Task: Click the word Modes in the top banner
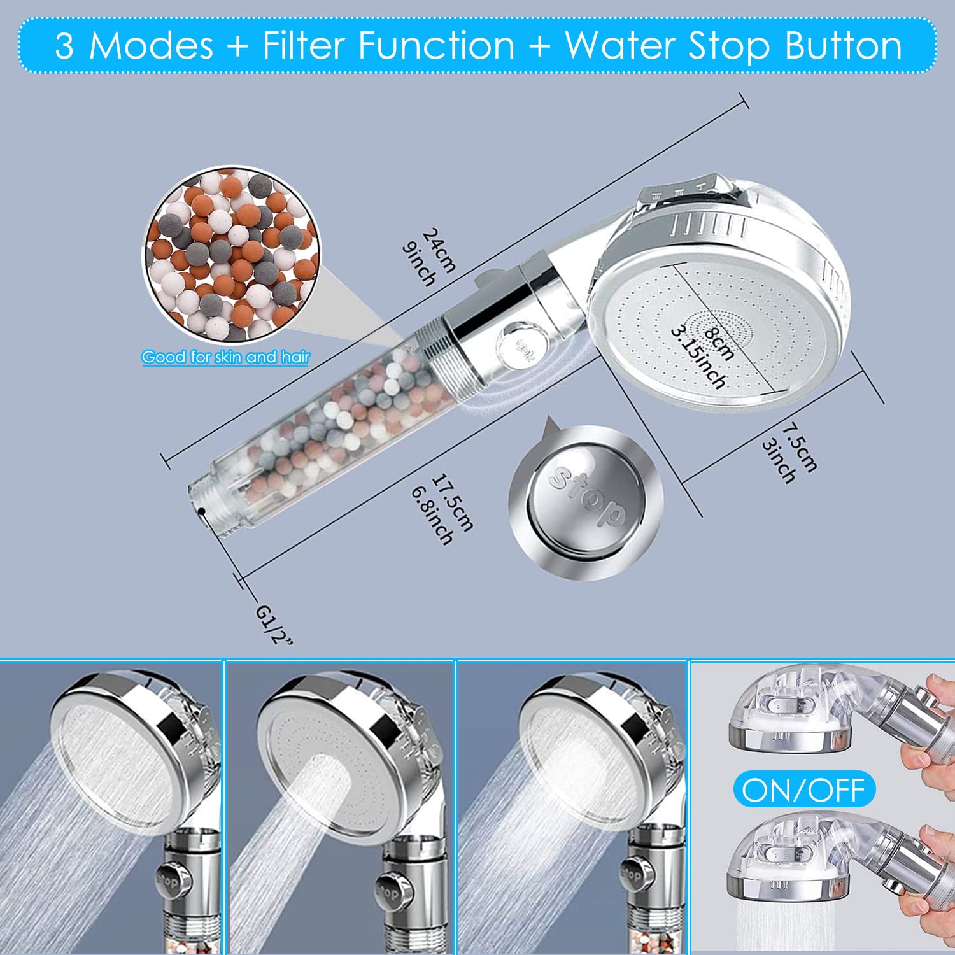(151, 46)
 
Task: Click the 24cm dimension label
(440, 250)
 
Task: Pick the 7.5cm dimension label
(800, 448)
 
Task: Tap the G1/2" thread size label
(274, 624)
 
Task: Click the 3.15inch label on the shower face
(698, 357)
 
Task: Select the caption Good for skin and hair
(225, 357)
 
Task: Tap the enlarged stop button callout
(586, 503)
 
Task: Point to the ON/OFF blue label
(804, 789)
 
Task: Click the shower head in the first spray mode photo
(127, 745)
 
